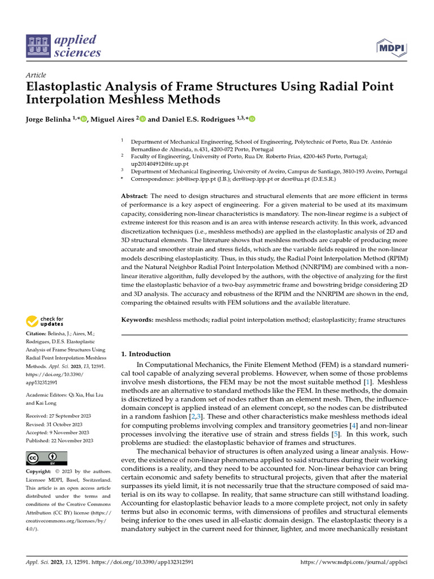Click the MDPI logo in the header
click(391, 49)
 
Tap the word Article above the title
click(36, 75)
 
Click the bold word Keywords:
click(137, 320)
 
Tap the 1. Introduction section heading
click(146, 354)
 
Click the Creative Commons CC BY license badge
click(47, 458)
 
